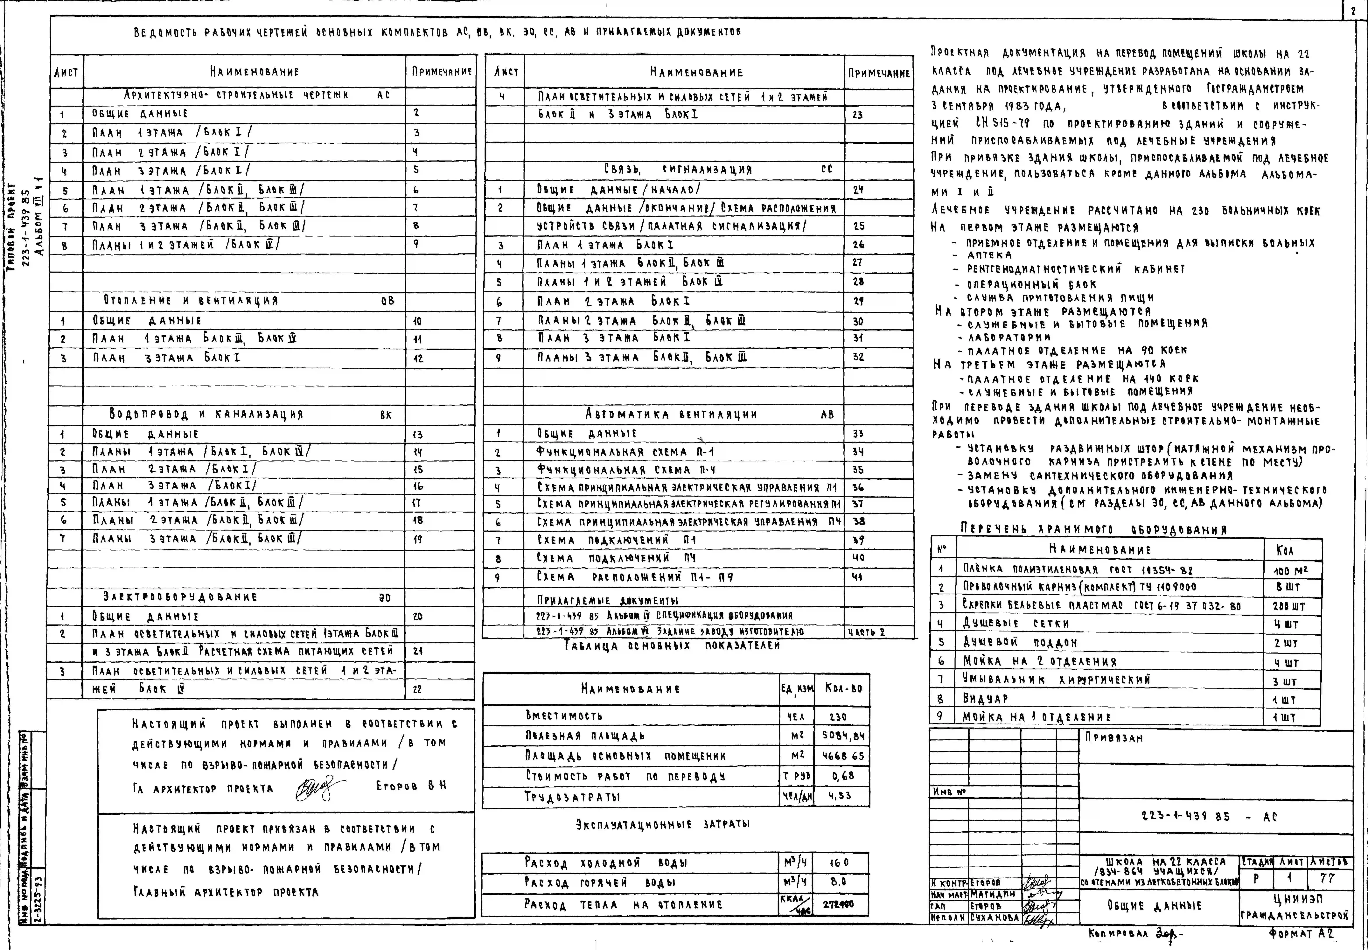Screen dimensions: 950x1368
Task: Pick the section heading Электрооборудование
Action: (x=180, y=596)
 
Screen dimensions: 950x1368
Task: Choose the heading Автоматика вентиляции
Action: (x=671, y=414)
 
